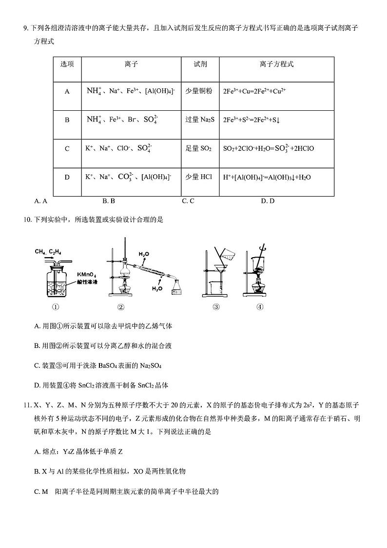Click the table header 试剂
pos(200,64)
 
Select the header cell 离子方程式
pos(276,64)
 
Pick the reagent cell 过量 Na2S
pos(200,120)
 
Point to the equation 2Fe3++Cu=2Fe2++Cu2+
pos(253,91)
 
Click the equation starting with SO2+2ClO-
pos(268,148)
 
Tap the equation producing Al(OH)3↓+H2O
pos(267,177)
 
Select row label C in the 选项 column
pos(67,148)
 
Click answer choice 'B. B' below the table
pos(109,201)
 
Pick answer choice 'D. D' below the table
pos(268,201)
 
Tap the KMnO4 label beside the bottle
pos(87,275)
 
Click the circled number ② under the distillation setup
pos(121,307)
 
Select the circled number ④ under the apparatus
pos(260,307)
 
